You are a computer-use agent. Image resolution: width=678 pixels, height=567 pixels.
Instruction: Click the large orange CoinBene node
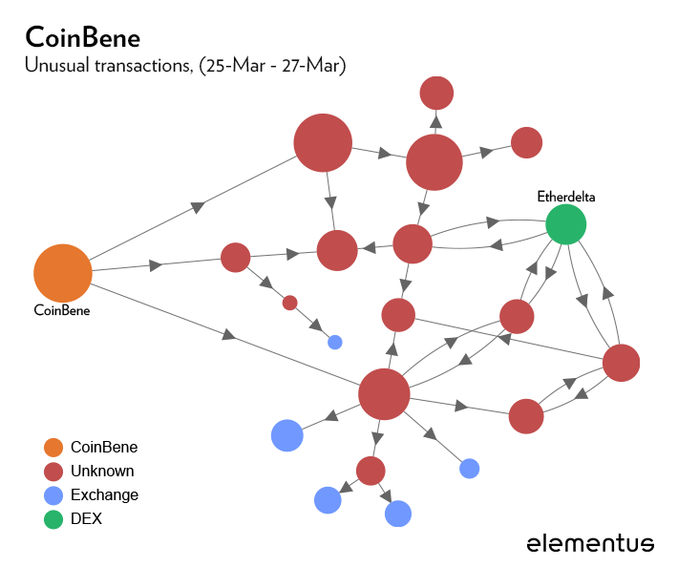(63, 273)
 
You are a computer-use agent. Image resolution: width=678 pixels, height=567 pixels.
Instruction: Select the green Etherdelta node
(565, 225)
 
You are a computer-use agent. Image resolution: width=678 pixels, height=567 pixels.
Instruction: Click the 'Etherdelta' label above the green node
(565, 198)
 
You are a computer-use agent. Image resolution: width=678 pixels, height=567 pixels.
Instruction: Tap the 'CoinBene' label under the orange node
(62, 309)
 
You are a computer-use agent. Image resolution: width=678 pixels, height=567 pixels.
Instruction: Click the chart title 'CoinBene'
(83, 37)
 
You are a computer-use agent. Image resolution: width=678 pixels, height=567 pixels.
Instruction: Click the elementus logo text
(590, 543)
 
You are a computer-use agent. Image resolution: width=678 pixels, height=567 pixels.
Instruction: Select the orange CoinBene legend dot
(53, 447)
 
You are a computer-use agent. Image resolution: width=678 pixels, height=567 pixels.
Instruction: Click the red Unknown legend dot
(53, 471)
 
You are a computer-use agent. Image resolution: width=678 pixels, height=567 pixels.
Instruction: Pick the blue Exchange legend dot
(53, 495)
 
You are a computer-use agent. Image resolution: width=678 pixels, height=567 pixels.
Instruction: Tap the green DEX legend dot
(53, 519)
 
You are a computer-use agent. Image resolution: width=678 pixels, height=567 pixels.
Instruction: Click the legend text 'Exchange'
(104, 495)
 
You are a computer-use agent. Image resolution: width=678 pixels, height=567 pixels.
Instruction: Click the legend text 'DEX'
(86, 519)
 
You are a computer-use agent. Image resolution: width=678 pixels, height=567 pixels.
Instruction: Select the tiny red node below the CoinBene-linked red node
(289, 303)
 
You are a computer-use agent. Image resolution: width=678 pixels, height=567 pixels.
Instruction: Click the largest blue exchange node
(286, 434)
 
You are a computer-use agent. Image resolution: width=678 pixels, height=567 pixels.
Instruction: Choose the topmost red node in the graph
(436, 93)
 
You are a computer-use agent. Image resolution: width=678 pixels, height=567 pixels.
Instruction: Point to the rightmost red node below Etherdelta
(621, 363)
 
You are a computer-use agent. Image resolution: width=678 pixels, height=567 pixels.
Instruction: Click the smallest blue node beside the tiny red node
(334, 342)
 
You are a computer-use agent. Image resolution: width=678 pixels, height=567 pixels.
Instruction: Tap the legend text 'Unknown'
(102, 471)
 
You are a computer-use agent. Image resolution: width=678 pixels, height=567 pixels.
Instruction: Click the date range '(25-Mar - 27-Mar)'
(272, 66)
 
